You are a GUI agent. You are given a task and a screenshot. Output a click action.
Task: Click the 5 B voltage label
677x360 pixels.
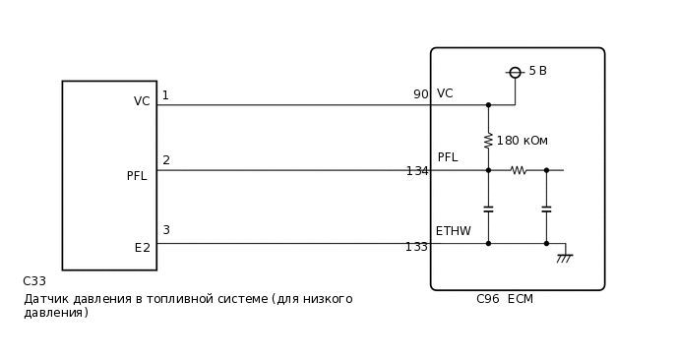(x=537, y=71)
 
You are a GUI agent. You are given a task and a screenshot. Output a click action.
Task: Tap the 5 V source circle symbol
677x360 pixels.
(x=515, y=72)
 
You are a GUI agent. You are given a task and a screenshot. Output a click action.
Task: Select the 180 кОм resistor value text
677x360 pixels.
(x=522, y=141)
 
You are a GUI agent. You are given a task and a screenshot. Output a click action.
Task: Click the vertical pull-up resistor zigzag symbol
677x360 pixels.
(x=488, y=141)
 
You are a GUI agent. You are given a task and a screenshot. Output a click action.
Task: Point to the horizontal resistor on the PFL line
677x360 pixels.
(x=519, y=170)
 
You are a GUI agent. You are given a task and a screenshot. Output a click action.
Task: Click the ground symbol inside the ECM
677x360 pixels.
(x=564, y=258)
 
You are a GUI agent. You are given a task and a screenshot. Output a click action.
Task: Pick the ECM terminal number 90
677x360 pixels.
(x=420, y=94)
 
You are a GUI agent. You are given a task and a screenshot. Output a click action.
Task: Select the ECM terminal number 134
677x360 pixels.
(x=417, y=171)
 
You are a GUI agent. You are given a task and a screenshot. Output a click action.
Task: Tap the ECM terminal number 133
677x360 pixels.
(x=416, y=247)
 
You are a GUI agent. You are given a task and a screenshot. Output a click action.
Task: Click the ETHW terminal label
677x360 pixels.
(x=453, y=231)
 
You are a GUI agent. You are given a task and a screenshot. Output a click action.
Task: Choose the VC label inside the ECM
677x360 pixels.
(x=445, y=93)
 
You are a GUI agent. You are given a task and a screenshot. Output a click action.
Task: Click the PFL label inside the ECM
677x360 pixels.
(x=447, y=157)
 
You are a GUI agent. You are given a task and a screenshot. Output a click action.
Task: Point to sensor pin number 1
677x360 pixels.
(x=165, y=95)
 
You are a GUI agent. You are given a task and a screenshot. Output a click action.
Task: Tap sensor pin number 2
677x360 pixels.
(x=166, y=160)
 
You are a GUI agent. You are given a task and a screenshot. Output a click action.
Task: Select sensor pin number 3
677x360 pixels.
(x=166, y=230)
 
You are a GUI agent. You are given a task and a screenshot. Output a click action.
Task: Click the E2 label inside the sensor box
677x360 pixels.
(x=143, y=248)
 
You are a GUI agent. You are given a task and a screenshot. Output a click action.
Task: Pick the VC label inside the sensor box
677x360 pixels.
(x=142, y=101)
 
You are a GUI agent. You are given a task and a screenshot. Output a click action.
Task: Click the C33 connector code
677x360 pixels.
(x=34, y=281)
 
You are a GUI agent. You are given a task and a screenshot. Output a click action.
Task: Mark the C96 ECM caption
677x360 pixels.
(x=504, y=299)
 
